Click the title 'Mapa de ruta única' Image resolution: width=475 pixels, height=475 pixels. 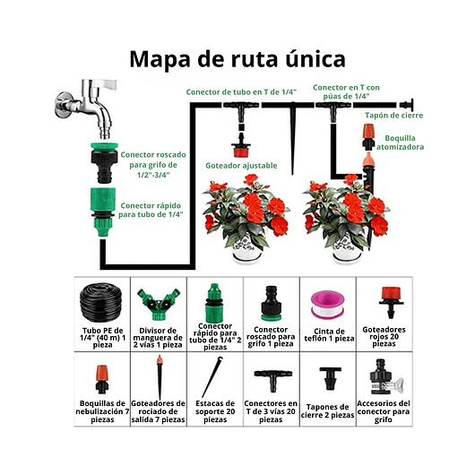point(237,59)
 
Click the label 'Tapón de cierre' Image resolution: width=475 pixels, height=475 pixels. point(393,115)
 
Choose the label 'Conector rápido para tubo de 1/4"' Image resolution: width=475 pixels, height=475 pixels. point(151,210)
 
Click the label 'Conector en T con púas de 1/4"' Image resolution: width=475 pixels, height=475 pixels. point(341,91)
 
